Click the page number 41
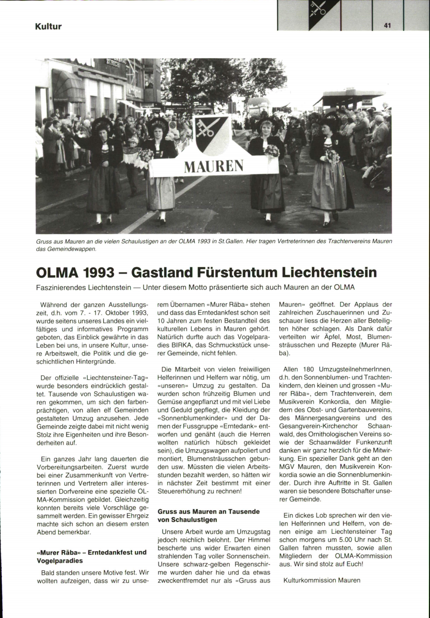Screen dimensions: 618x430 (x=387, y=25)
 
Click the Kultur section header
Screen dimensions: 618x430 (x=48, y=27)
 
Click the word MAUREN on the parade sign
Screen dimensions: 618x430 (x=214, y=166)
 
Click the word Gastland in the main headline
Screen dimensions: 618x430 (x=163, y=272)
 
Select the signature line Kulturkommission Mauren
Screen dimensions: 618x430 (x=322, y=580)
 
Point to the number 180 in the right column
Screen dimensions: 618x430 (x=309, y=369)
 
